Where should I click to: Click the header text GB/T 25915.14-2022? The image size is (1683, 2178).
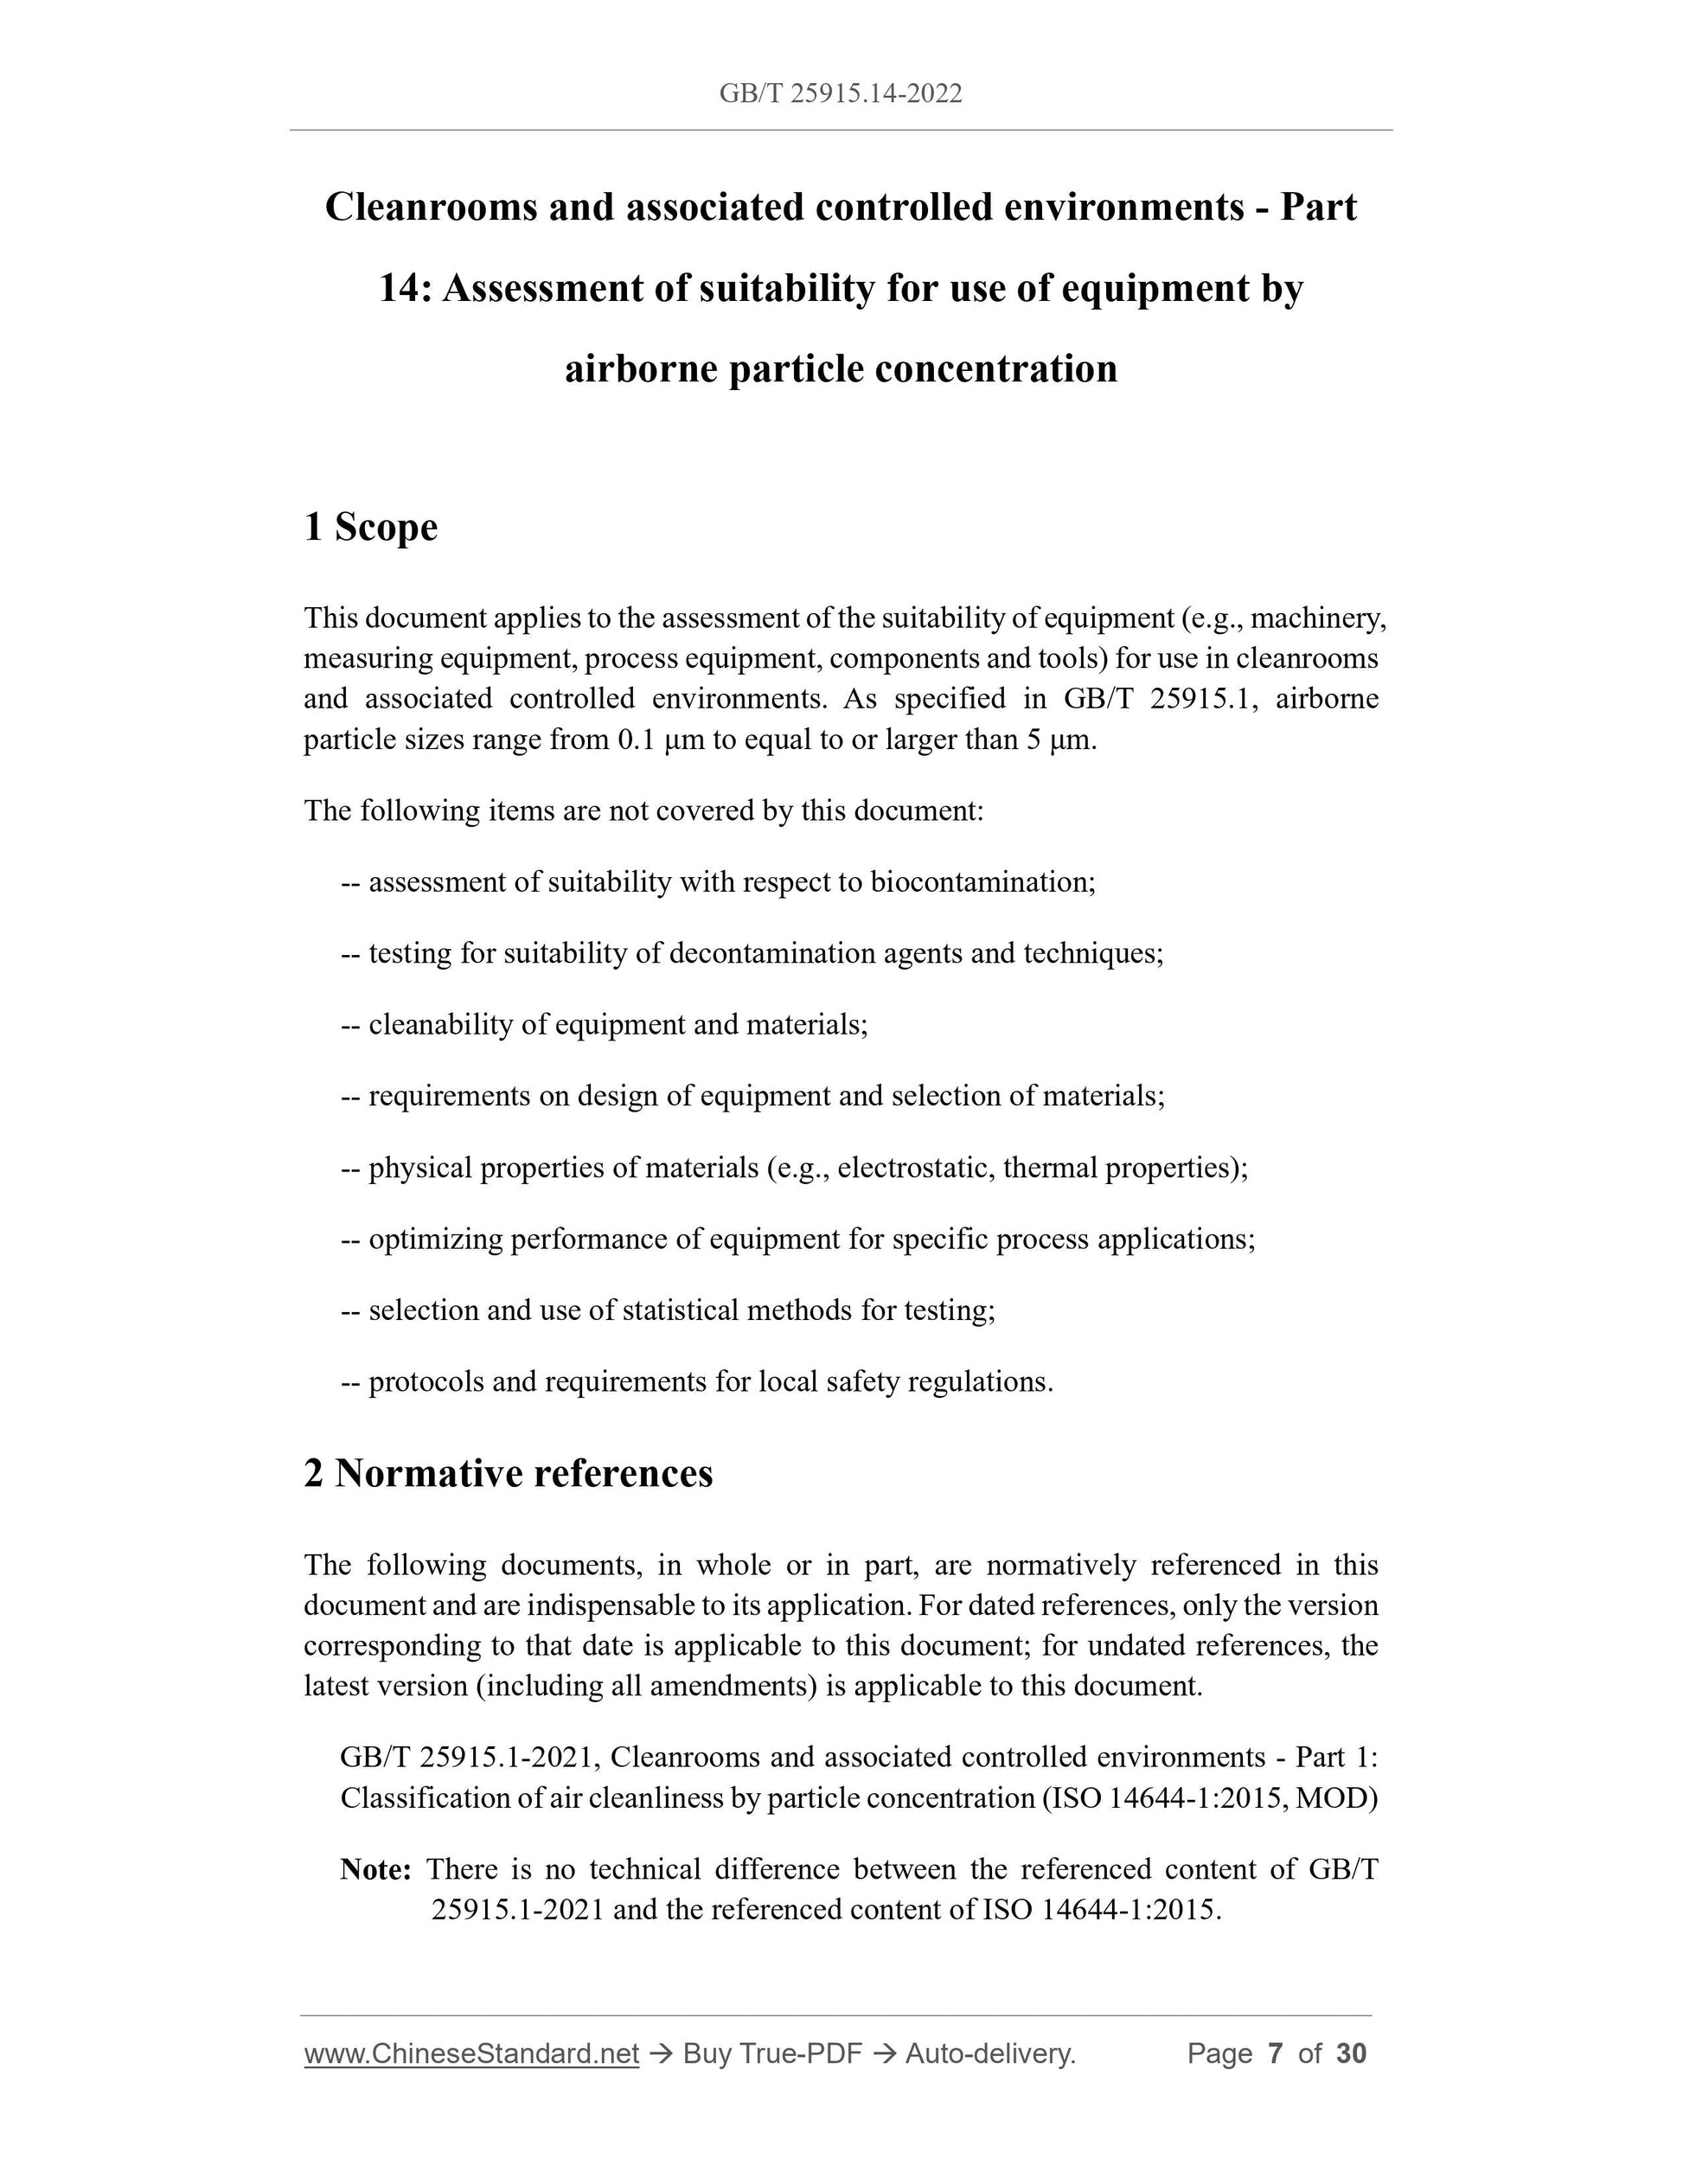[841, 93]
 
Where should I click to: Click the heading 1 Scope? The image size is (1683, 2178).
[370, 527]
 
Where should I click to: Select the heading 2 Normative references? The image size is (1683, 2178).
[509, 1473]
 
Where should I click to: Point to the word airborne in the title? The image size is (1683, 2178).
[641, 370]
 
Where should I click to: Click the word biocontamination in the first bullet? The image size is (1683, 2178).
[982, 881]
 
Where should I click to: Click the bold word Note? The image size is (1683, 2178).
[376, 1867]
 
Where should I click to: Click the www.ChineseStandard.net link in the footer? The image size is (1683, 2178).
[471, 2053]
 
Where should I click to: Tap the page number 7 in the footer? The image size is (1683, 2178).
[1274, 2053]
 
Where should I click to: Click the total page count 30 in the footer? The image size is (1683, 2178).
[1351, 2053]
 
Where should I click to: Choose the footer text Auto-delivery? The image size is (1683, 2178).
[989, 2053]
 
